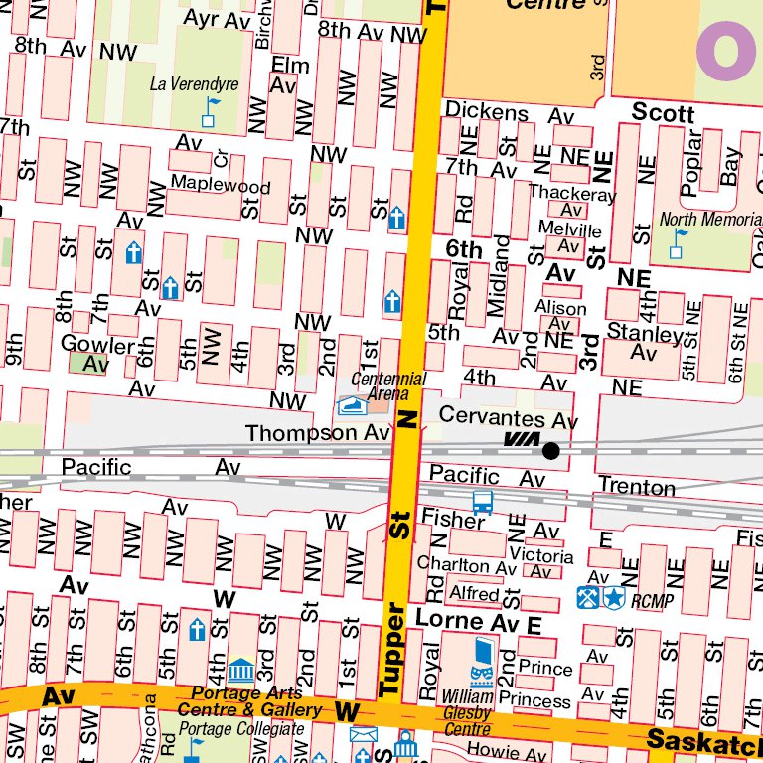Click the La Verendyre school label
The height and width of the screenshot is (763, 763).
194,84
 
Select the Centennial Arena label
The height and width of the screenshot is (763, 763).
388,386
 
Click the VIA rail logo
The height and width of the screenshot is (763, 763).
521,440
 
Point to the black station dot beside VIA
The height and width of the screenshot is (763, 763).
550,451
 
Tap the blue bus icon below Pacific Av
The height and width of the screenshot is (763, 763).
483,503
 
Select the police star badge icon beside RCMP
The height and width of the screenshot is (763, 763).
614,598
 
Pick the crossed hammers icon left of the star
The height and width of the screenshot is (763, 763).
588,598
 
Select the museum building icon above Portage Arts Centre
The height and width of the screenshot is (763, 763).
241,670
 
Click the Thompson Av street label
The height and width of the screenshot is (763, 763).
318,433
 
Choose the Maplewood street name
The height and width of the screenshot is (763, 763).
221,185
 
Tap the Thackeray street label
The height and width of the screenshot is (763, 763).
572,194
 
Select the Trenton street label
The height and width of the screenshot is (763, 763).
636,487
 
